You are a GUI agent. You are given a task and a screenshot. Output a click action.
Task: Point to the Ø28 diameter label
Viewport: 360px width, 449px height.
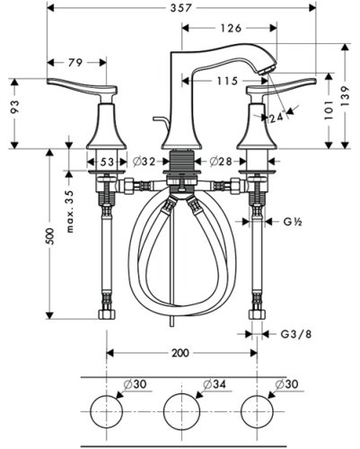click(220, 162)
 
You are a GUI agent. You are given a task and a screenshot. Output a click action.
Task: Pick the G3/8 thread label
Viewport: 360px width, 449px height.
click(294, 334)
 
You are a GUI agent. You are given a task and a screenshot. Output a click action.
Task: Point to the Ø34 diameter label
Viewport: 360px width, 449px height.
click(215, 385)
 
